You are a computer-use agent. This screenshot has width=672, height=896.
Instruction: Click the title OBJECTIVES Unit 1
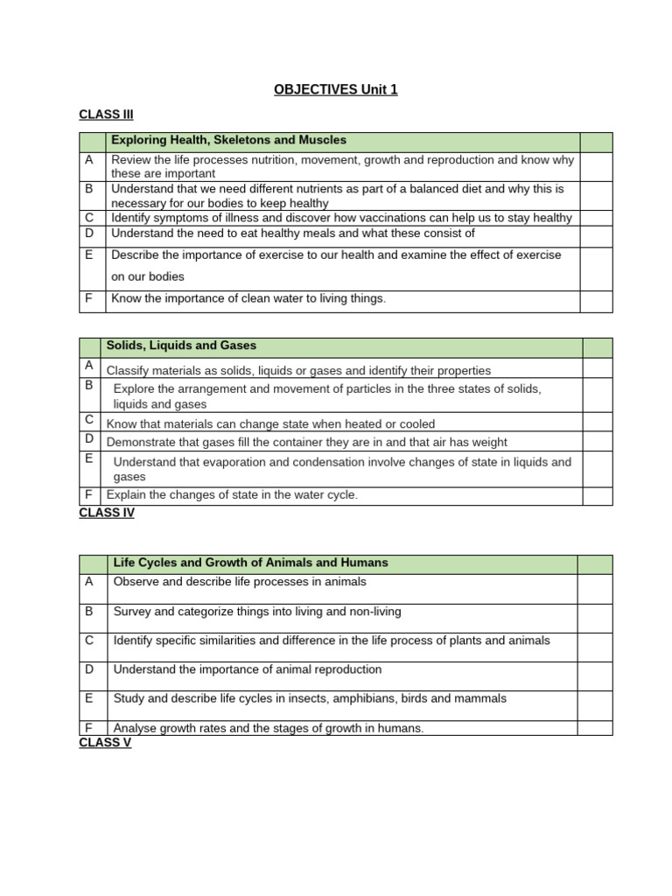336,89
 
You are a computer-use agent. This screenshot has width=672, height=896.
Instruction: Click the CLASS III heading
106,115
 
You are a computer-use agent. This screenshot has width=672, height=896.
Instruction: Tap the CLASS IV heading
107,513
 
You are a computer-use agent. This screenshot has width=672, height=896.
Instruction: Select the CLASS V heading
105,742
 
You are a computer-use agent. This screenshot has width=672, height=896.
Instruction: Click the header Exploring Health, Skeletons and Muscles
228,140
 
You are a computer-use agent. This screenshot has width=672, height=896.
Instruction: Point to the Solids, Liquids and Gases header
181,346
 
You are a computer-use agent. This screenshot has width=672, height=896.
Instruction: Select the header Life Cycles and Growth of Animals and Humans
250,563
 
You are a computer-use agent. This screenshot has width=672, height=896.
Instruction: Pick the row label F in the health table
88,298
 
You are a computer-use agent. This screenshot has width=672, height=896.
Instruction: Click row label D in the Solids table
88,438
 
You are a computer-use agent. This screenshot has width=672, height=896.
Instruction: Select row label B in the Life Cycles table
89,612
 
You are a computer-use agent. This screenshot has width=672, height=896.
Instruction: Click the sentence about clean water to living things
248,298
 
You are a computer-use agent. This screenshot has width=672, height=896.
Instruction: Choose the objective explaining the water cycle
232,495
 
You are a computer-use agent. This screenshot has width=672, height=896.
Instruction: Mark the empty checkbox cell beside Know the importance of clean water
596,300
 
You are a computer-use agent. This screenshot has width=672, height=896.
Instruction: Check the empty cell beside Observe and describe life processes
594,587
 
